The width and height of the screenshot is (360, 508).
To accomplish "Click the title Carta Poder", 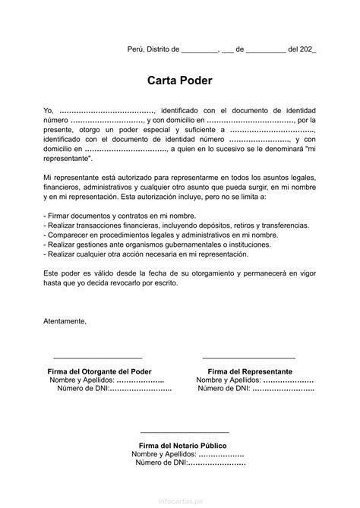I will pos(180,80).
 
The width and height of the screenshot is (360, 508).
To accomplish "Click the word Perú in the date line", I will pos(135,49).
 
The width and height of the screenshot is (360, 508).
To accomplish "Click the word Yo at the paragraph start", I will pos(49,110).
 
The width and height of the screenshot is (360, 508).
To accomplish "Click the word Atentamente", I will pos(65,320).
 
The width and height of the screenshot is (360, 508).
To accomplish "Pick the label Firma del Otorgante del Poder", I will pos(99,371).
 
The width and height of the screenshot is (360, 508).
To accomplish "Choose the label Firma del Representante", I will pos(250,371).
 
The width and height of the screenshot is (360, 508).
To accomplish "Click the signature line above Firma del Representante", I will pos(249,357).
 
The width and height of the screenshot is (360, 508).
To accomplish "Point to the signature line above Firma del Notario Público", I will pos(183,431).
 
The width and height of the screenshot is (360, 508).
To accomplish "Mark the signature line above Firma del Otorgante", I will pos(97,357).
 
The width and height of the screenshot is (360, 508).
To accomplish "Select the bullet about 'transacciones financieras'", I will pos(176,226).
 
